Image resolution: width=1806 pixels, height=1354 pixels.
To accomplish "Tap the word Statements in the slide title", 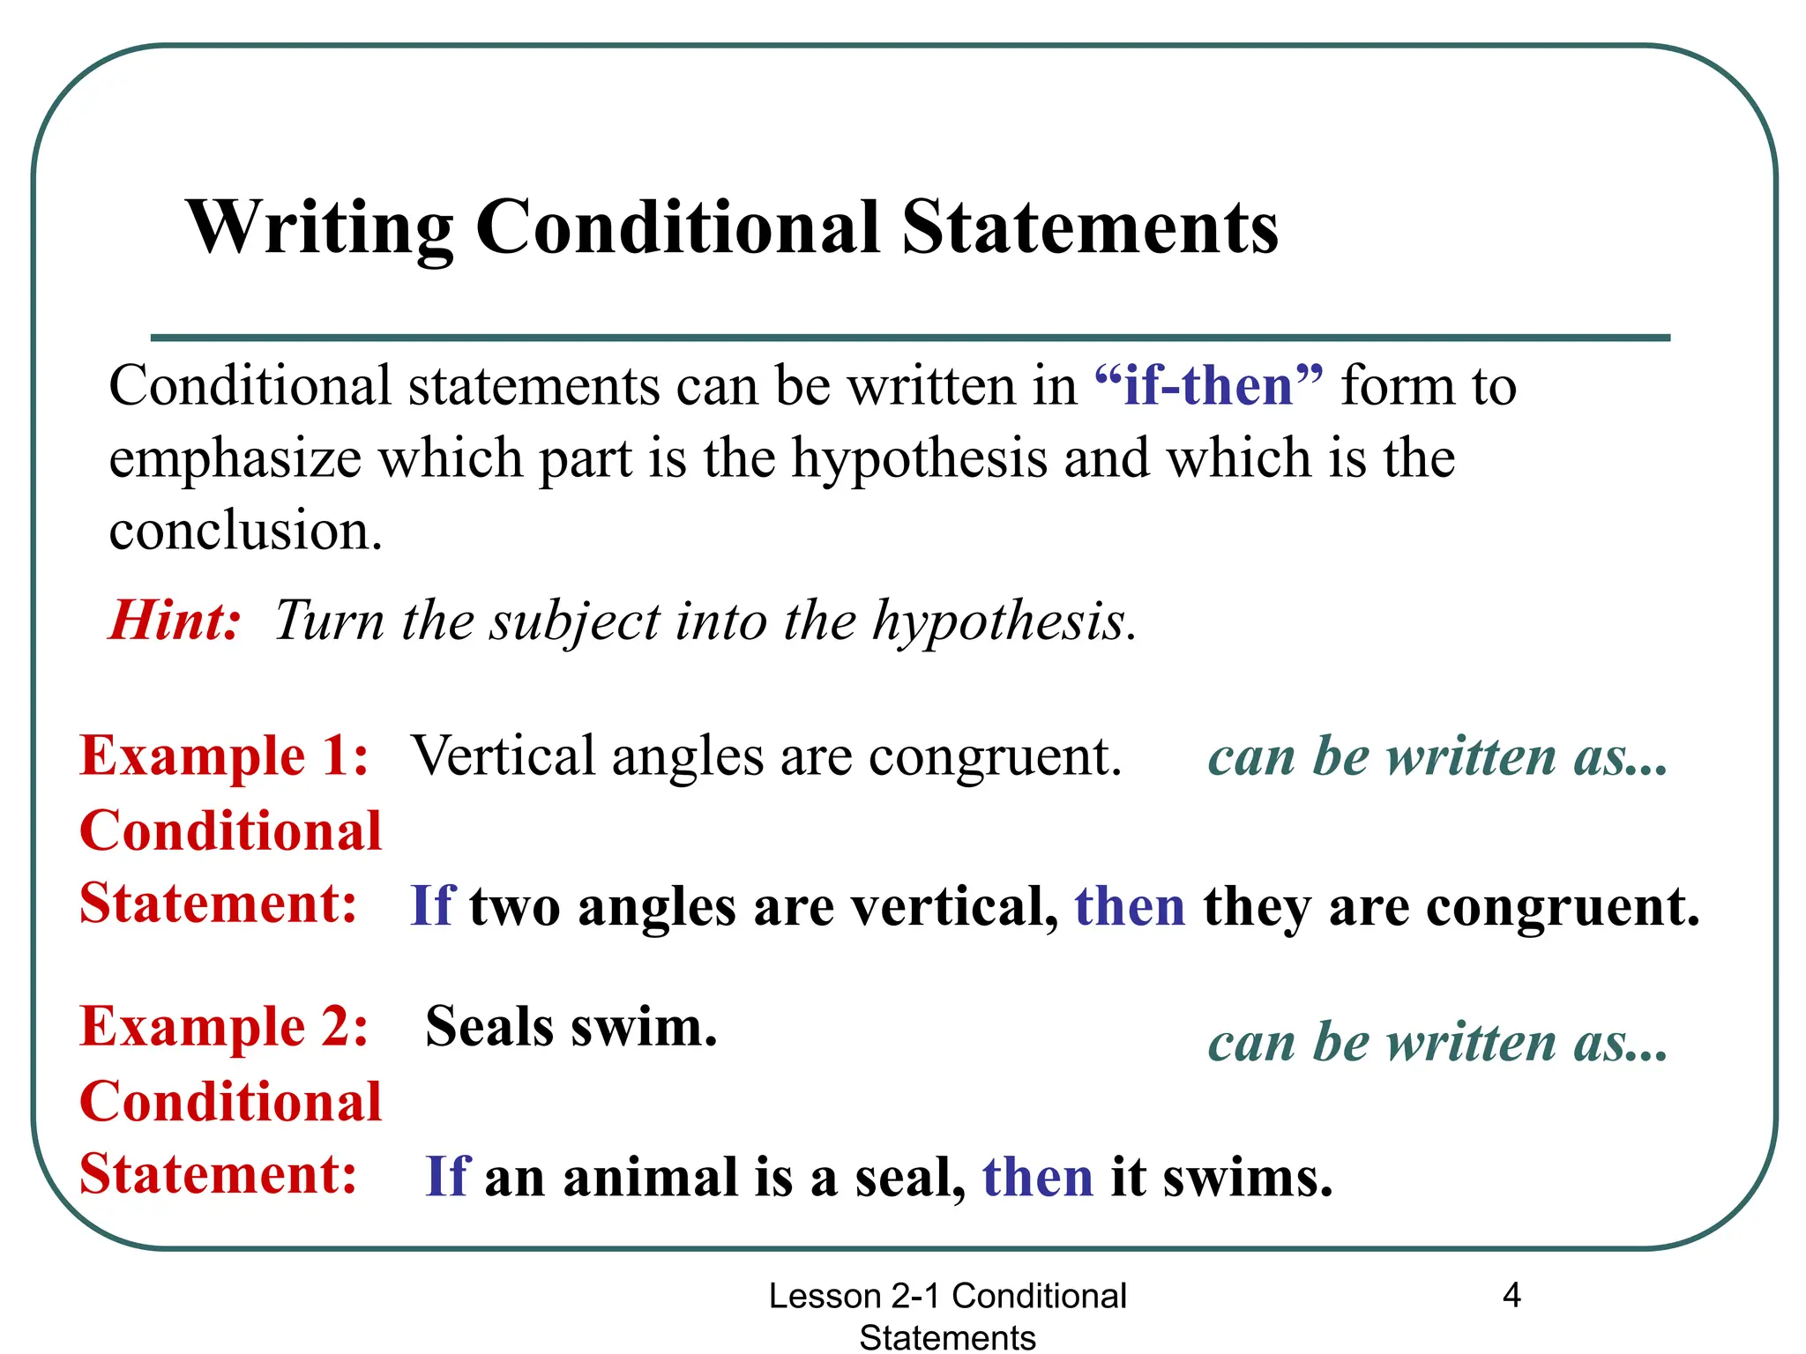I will pos(1090,227).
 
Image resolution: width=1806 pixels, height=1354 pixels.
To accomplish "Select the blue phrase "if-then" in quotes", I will pos(1208,386).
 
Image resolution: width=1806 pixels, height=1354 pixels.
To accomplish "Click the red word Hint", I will pos(175,620).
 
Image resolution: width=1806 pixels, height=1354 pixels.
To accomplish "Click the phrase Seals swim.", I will pos(571,1027).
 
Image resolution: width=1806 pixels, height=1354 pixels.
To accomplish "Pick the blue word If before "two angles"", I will pos(432,906).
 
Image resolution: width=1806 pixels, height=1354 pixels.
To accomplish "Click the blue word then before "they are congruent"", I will pos(1130,906).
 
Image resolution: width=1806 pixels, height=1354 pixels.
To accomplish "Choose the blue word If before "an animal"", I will pos(447,1177).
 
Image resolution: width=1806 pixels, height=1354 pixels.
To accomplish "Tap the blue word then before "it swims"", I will pos(1038,1177).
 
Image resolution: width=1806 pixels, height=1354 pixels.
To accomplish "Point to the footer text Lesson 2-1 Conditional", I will pos(948,1296).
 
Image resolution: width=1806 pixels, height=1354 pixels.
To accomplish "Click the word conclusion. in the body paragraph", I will pos(246,531).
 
